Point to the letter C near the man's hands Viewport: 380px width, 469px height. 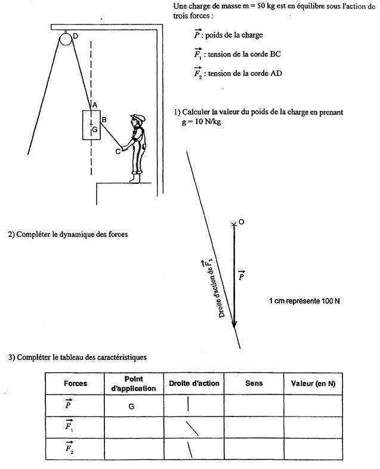118,152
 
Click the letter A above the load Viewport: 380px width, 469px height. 94,106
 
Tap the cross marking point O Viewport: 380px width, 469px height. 234,224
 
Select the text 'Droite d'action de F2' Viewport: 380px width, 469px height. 213,288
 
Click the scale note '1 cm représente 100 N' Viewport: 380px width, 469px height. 304,301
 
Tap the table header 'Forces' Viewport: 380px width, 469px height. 75,383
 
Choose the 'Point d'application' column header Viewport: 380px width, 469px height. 134,383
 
